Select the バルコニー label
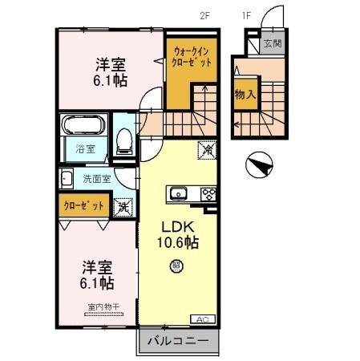pos(177,341)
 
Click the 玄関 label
pos(273,44)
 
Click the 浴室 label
pos(85,148)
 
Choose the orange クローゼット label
pos(83,206)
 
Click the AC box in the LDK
pos(202,319)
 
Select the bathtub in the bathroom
pos(83,127)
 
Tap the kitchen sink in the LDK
pos(179,193)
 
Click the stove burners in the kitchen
pos(208,193)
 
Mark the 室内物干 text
pos(102,306)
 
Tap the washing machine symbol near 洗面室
pos(124,207)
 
